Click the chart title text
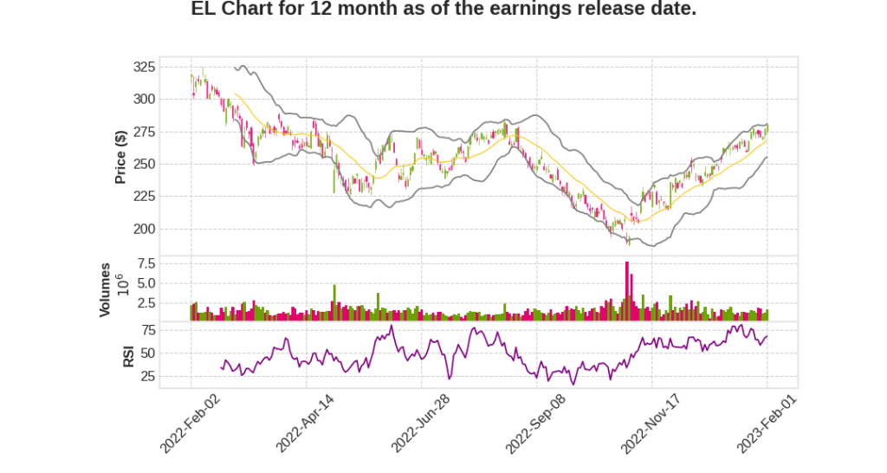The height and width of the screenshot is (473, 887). (x=443, y=10)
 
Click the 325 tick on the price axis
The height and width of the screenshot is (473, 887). (x=145, y=67)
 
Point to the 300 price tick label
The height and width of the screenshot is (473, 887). (x=145, y=100)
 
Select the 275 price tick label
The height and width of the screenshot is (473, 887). (x=145, y=132)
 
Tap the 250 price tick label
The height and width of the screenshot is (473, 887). (x=145, y=165)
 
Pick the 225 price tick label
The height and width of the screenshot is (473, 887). (x=145, y=197)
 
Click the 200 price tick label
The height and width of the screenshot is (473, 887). (x=145, y=230)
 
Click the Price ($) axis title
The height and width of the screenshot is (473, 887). (x=121, y=157)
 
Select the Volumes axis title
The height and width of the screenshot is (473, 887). (x=106, y=289)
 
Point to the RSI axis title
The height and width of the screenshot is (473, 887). (x=128, y=355)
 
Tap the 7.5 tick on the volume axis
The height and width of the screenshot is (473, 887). (x=146, y=263)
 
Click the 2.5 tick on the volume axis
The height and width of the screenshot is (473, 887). (x=146, y=303)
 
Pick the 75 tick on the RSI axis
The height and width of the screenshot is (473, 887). (x=149, y=330)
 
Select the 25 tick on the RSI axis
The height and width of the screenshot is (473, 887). (x=149, y=377)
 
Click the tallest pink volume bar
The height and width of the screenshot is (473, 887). (x=627, y=291)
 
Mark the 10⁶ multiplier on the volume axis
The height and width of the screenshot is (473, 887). (x=121, y=284)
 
